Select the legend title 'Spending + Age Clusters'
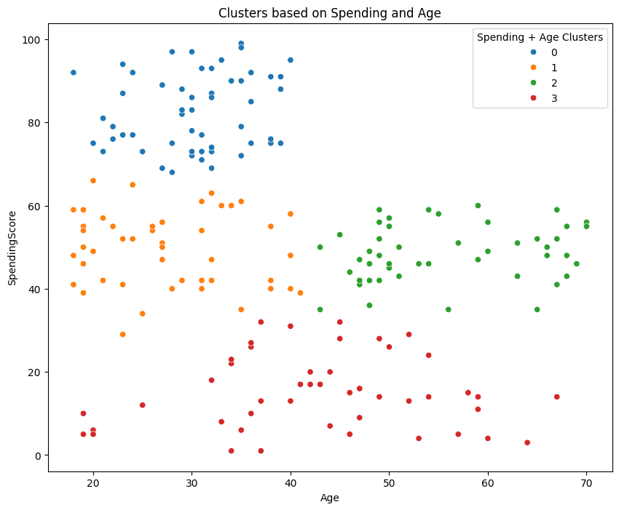[x=540, y=38]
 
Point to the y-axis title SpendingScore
[x=12, y=247]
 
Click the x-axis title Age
[x=330, y=498]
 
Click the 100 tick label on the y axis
[x=33, y=39]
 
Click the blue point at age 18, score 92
[x=73, y=73]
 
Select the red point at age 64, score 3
[x=527, y=442]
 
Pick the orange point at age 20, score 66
[x=93, y=180]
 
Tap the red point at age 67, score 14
[x=556, y=397]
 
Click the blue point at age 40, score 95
[x=291, y=60]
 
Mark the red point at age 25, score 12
[x=142, y=405]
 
